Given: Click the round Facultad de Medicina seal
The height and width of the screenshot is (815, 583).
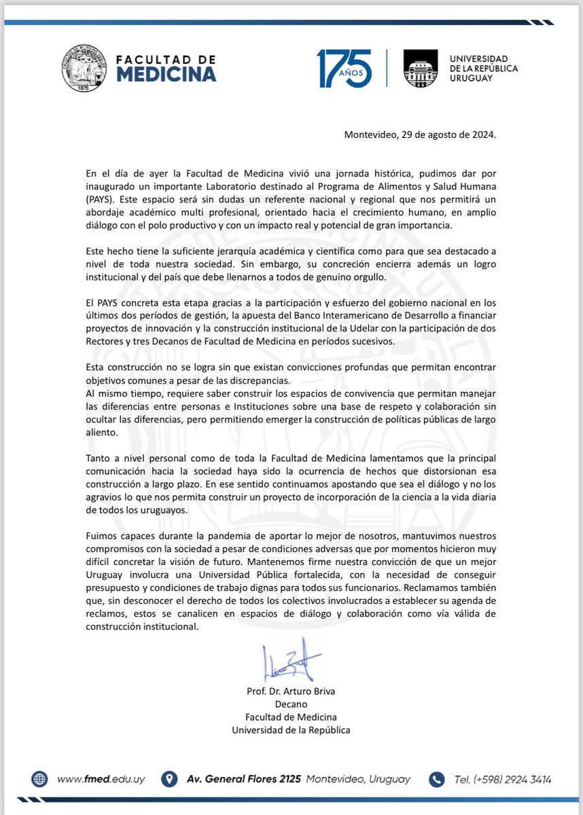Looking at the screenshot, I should pos(84,68).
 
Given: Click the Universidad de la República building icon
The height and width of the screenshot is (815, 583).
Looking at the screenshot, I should pos(421,68).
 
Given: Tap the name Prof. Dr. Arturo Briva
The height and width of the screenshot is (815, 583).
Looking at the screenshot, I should pos(291,692).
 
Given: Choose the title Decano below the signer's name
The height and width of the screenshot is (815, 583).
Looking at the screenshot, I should pos(291,704).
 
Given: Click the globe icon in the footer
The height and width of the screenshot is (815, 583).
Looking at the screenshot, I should pos(39,778).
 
